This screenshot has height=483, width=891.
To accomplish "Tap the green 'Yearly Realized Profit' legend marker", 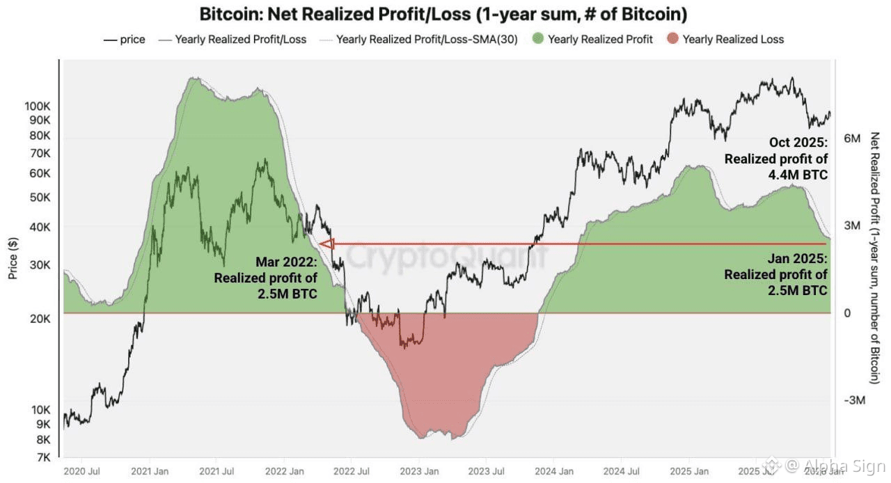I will point(537,40).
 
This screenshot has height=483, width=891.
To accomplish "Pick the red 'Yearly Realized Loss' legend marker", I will point(672,40).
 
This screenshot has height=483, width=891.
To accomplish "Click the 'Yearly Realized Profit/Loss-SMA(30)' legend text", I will point(426,40).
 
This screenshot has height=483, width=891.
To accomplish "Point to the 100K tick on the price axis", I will point(37,106).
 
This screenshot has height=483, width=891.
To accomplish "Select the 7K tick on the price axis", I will point(42,457).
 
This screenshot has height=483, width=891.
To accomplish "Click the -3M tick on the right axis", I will point(853,401).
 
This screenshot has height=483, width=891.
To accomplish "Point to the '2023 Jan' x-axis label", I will point(419,471).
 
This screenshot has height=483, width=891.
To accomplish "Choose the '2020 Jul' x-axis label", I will point(81,471).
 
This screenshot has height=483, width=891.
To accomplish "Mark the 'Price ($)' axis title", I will point(13,258).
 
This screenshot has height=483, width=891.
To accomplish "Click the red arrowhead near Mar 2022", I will point(326,244).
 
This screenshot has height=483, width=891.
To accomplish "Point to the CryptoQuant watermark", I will point(445,256).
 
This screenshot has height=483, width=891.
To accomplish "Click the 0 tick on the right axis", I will point(848,313).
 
